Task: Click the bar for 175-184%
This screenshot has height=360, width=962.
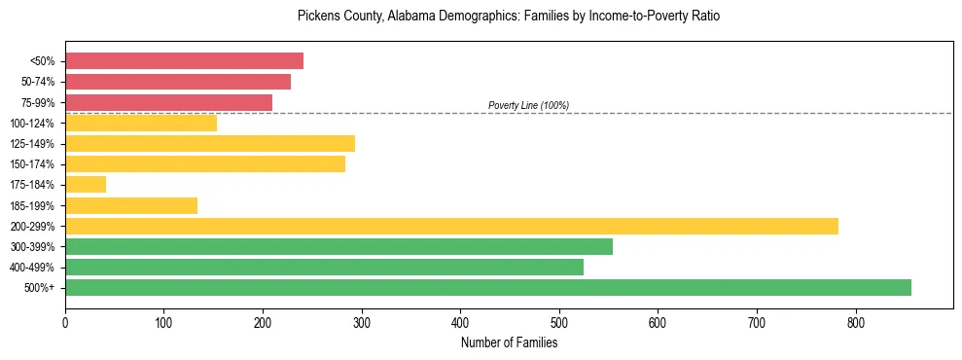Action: point(86,185)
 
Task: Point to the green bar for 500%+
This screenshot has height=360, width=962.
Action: point(488,288)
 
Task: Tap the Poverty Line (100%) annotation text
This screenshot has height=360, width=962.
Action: point(528,105)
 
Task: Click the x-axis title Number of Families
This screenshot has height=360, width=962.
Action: point(509,342)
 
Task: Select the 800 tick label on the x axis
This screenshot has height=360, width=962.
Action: point(855,322)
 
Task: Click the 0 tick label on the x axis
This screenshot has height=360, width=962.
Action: point(65,322)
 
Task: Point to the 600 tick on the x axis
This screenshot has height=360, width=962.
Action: point(658,322)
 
